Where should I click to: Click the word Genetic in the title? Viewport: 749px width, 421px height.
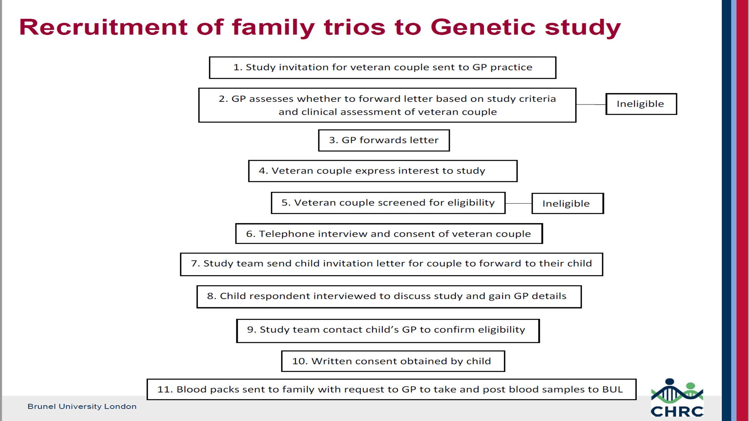(483, 27)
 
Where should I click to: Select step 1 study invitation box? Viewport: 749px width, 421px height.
(382, 68)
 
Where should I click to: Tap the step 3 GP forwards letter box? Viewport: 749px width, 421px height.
(384, 140)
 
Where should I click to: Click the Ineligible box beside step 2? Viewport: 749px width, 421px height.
(641, 104)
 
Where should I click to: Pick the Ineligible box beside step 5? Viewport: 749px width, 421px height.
(568, 204)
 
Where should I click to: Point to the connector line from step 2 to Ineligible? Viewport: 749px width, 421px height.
(591, 104)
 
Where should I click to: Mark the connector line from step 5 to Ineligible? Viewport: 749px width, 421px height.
(519, 204)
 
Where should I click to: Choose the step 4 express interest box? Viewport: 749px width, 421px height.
(383, 171)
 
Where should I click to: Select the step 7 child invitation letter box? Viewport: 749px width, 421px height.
(391, 264)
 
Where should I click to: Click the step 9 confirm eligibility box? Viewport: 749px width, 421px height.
(388, 331)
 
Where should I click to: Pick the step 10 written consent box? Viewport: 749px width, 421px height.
(393, 361)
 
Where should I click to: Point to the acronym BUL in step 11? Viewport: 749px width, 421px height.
(612, 390)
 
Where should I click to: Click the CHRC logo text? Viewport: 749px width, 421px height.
(677, 411)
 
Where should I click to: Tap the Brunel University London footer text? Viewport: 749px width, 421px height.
(82, 406)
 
